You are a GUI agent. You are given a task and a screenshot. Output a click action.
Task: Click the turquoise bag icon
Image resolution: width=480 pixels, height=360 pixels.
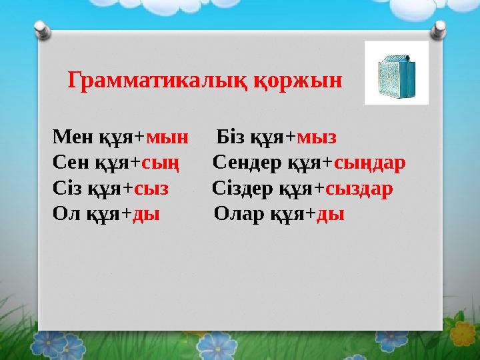tap(396, 73)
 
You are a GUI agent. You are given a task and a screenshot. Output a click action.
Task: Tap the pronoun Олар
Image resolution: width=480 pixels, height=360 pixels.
tap(241, 214)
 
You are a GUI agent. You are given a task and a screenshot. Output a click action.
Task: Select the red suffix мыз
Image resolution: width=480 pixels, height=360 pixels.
tap(317, 138)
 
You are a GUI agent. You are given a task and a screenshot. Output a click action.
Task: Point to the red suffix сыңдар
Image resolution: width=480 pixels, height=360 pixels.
tap(369, 163)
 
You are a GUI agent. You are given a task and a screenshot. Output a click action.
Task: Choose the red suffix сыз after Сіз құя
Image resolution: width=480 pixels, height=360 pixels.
tap(151, 189)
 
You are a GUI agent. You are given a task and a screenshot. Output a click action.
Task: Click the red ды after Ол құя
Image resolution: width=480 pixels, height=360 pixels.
tap(146, 214)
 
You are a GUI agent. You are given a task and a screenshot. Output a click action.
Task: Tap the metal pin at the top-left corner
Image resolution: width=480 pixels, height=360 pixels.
tap(41, 29)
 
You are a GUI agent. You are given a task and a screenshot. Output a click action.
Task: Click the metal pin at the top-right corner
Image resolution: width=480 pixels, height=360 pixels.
tap(439, 29)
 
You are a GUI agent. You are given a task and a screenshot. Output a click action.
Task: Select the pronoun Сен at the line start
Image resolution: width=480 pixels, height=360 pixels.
tap(67, 163)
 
